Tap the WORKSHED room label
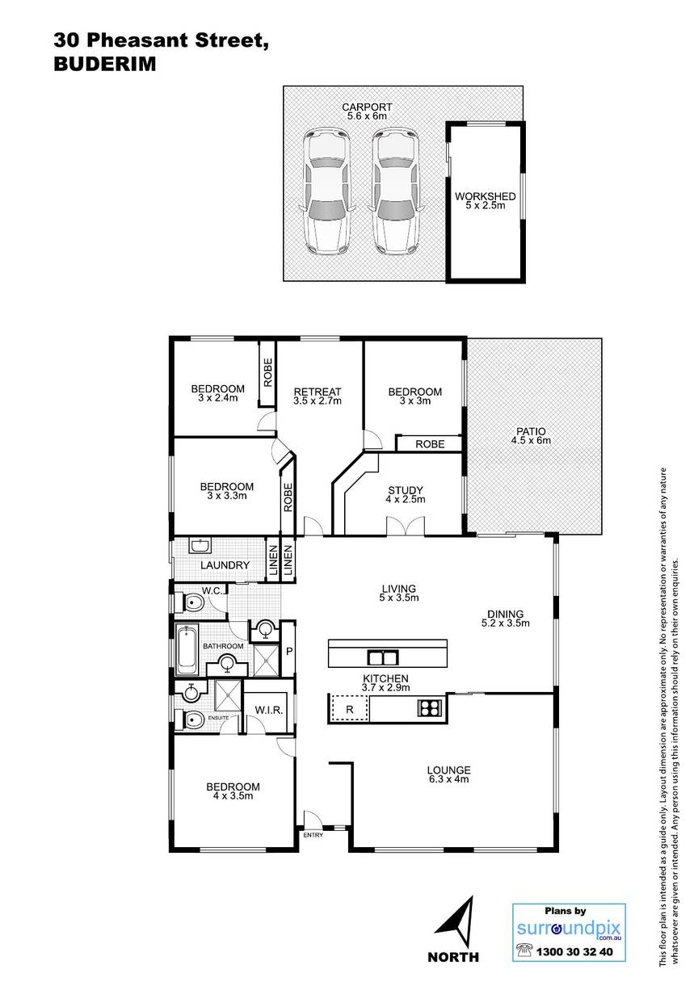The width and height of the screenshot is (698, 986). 486,196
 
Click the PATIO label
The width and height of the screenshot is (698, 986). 531,431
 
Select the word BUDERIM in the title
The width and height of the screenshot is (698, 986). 105,65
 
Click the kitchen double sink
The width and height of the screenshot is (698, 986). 382,658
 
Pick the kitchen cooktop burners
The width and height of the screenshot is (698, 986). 428,708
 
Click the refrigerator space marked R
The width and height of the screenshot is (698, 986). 350,709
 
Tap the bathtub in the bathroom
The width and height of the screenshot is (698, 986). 187,650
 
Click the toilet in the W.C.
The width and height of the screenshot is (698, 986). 190,602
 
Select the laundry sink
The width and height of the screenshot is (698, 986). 200,546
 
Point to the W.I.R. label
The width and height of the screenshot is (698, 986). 269,710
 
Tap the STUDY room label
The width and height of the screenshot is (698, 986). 406,490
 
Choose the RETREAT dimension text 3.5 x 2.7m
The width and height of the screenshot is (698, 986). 317,401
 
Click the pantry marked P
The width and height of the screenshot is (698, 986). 289,651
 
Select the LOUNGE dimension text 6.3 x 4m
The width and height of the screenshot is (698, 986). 448,778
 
